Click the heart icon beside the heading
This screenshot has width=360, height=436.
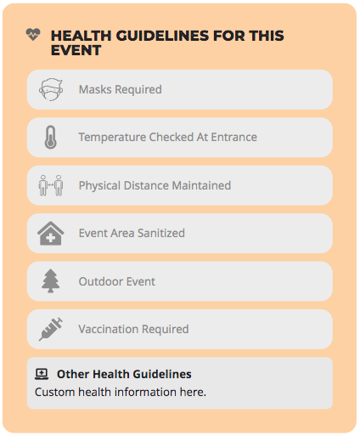[33, 34]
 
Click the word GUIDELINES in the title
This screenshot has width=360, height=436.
[162, 36]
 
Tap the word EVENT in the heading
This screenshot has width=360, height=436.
[76, 50]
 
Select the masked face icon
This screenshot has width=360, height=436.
[51, 89]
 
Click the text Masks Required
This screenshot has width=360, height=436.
[121, 89]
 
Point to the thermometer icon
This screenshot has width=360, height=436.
[51, 137]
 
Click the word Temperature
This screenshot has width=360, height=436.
[112, 138]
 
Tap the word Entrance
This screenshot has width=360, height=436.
[234, 137]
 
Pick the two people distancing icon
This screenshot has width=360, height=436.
[51, 185]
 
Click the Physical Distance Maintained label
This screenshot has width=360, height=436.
[155, 185]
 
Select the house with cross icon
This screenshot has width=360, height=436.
[51, 233]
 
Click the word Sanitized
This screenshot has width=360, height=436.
[161, 233]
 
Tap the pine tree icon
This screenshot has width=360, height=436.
[51, 280]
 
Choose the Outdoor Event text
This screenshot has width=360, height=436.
[117, 281]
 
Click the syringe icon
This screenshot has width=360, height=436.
[51, 329]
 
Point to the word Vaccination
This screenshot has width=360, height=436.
[109, 329]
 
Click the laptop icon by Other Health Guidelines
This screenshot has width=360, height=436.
[42, 374]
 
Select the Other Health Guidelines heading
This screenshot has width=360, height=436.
[124, 374]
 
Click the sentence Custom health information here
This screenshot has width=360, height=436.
[121, 392]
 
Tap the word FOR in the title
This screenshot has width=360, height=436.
[228, 36]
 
